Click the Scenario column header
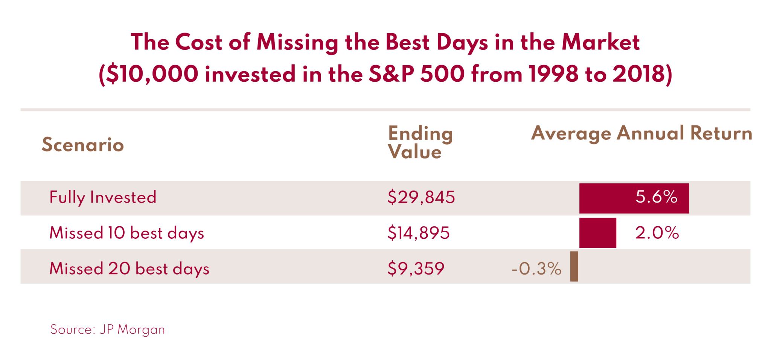point(83,145)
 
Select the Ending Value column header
point(420,143)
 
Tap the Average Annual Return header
point(641,133)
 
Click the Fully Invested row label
point(103,197)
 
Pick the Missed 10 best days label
point(126,233)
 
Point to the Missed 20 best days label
point(129,269)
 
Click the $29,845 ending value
point(421,197)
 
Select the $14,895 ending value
point(418,233)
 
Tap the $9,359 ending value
point(416,269)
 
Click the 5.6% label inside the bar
point(656,197)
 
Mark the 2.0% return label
point(657,233)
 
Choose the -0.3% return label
point(536,269)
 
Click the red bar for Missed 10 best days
point(597,233)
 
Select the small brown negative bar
point(574,267)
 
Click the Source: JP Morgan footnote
point(108,329)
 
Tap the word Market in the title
point(600,42)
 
